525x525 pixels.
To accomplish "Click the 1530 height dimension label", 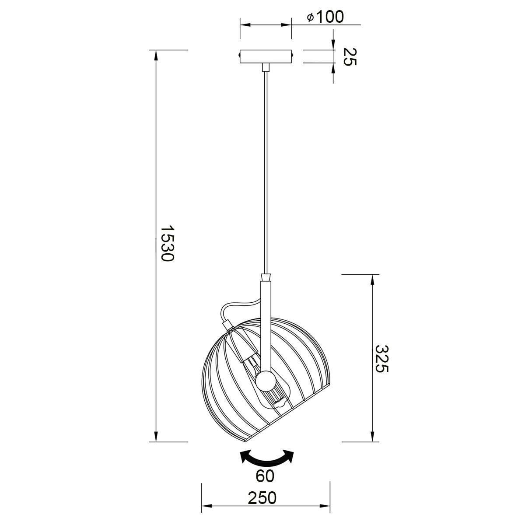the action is coord(167,243).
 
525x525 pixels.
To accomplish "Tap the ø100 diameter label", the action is coord(325,17).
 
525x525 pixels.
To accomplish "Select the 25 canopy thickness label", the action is coord(350,56).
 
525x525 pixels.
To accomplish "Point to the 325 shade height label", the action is coord(381,359).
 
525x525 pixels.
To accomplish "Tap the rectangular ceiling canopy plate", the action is coord(266,56).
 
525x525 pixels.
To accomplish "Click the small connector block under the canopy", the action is coord(266,67).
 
